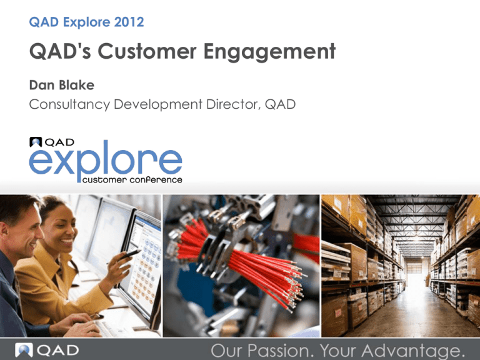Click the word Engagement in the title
(x=269, y=52)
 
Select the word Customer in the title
(x=147, y=51)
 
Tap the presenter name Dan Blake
(x=61, y=85)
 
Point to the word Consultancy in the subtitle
(x=69, y=104)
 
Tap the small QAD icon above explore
(x=36, y=142)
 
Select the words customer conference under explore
(x=132, y=180)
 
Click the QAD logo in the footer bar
(x=47, y=350)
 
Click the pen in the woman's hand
(x=130, y=255)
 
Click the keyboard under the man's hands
(x=114, y=327)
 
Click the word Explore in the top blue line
(x=87, y=22)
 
